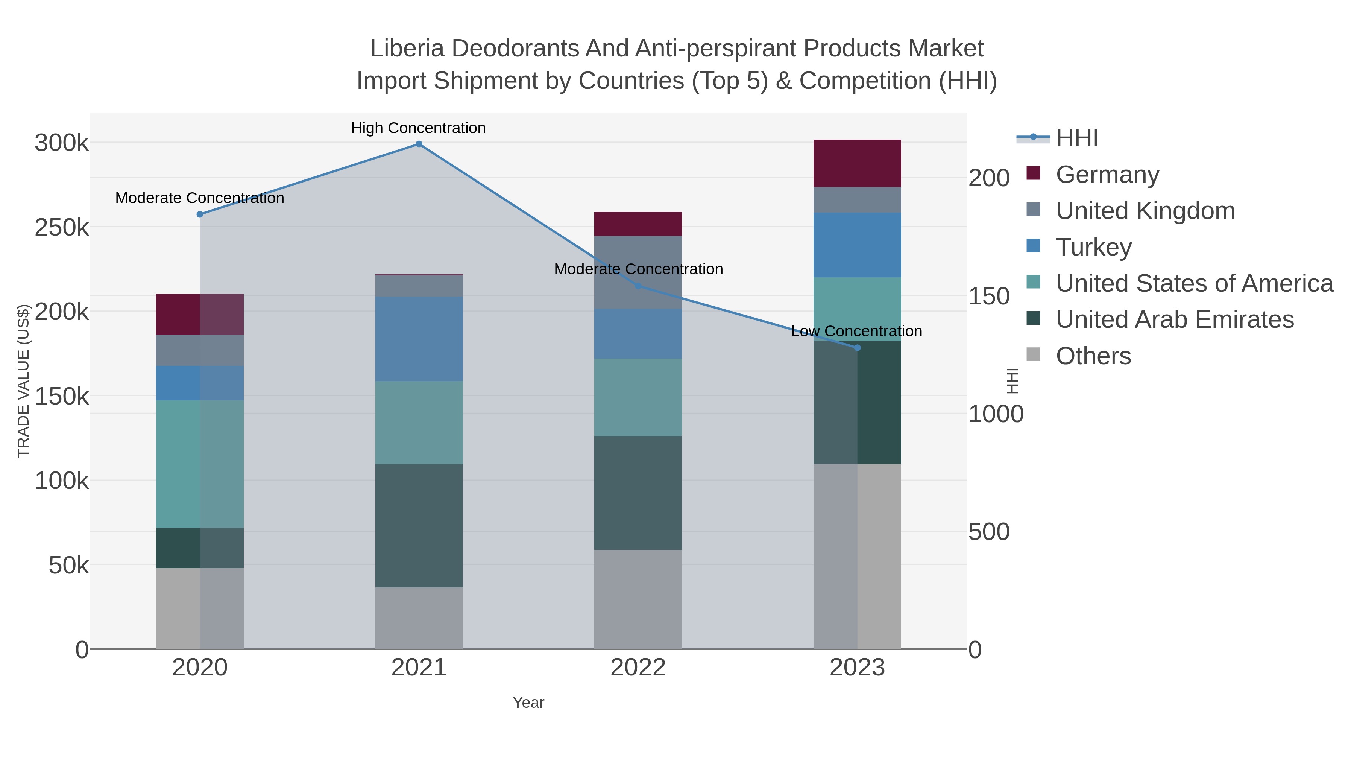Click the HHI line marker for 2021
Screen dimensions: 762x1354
pyautogui.click(x=419, y=144)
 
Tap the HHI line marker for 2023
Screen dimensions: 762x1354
pyautogui.click(x=857, y=348)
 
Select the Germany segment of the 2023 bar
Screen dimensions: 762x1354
pyautogui.click(x=857, y=164)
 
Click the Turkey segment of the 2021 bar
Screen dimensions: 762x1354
pyautogui.click(x=419, y=339)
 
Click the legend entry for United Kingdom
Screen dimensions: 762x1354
pyautogui.click(x=1145, y=210)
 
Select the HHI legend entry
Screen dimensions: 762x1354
pyautogui.click(x=1076, y=138)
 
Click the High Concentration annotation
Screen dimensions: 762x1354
pyautogui.click(x=418, y=128)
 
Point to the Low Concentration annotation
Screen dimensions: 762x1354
pyautogui.click(x=856, y=331)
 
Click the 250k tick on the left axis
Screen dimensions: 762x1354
pyautogui.click(x=62, y=228)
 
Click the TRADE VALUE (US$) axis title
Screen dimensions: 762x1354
pyautogui.click(x=24, y=381)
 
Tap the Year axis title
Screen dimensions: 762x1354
pyautogui.click(x=528, y=703)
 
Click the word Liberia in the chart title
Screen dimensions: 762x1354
pyautogui.click(x=407, y=49)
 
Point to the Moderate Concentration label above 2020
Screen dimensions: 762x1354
pyautogui.click(x=200, y=198)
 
